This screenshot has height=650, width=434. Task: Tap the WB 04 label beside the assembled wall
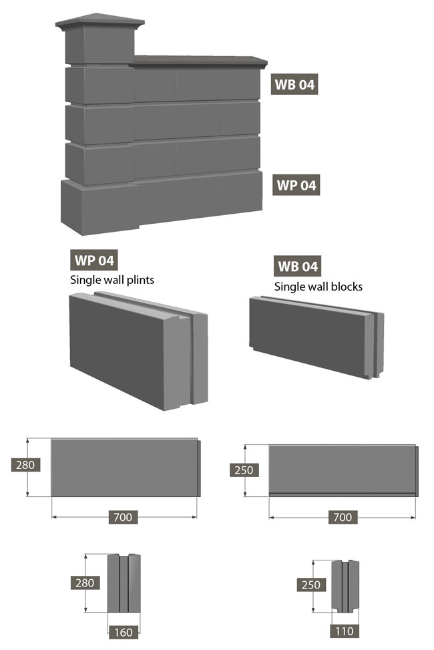(x=294, y=85)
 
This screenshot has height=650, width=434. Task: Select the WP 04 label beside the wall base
(x=296, y=185)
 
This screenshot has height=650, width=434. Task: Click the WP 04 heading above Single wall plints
(x=94, y=261)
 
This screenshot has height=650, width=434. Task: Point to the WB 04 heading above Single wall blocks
(x=297, y=266)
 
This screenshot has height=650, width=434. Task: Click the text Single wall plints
(x=112, y=280)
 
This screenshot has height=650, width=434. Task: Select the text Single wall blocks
(x=318, y=287)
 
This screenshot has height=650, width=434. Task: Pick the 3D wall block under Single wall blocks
(x=316, y=337)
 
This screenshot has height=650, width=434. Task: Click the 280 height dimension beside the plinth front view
(x=25, y=465)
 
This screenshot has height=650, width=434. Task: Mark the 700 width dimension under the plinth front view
(x=123, y=517)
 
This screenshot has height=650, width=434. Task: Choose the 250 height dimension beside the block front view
(x=244, y=470)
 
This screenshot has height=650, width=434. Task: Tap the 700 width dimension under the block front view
(x=343, y=517)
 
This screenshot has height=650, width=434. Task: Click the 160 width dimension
(x=124, y=632)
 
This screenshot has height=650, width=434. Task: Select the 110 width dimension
(x=344, y=631)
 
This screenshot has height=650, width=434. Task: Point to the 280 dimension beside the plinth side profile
(x=85, y=583)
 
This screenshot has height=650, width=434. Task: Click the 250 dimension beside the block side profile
(x=311, y=585)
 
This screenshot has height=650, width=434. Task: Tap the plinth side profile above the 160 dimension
(x=124, y=583)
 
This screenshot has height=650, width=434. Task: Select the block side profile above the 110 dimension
(x=345, y=586)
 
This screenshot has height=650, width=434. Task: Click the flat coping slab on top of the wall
(x=200, y=61)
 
